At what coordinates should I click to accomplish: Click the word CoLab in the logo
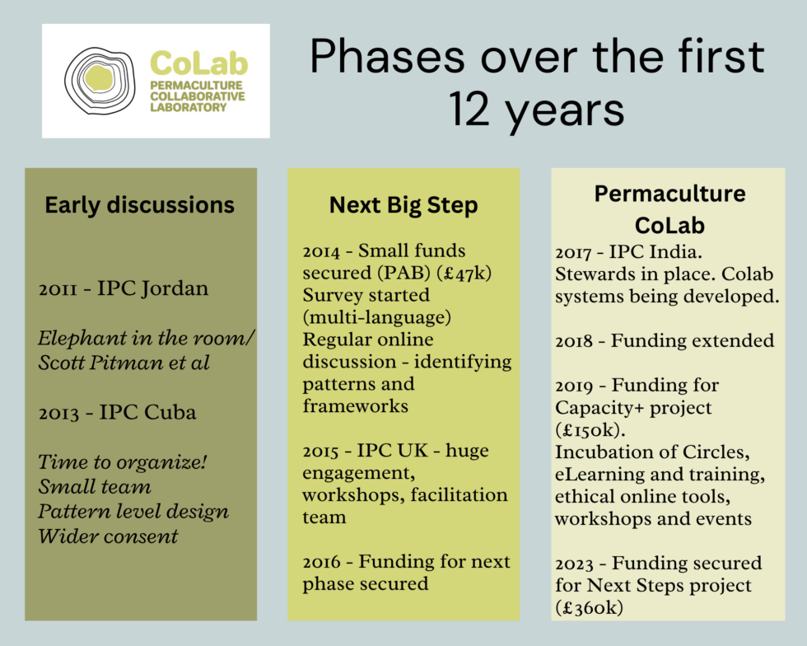198,63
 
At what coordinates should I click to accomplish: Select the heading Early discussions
139,204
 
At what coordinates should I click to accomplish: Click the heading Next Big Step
403,204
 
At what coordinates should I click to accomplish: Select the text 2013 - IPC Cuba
117,412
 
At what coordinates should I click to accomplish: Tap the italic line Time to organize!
122,462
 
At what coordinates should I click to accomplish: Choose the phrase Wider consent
108,536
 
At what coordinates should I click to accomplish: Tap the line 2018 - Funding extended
665,341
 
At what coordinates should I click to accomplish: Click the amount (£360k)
590,608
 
